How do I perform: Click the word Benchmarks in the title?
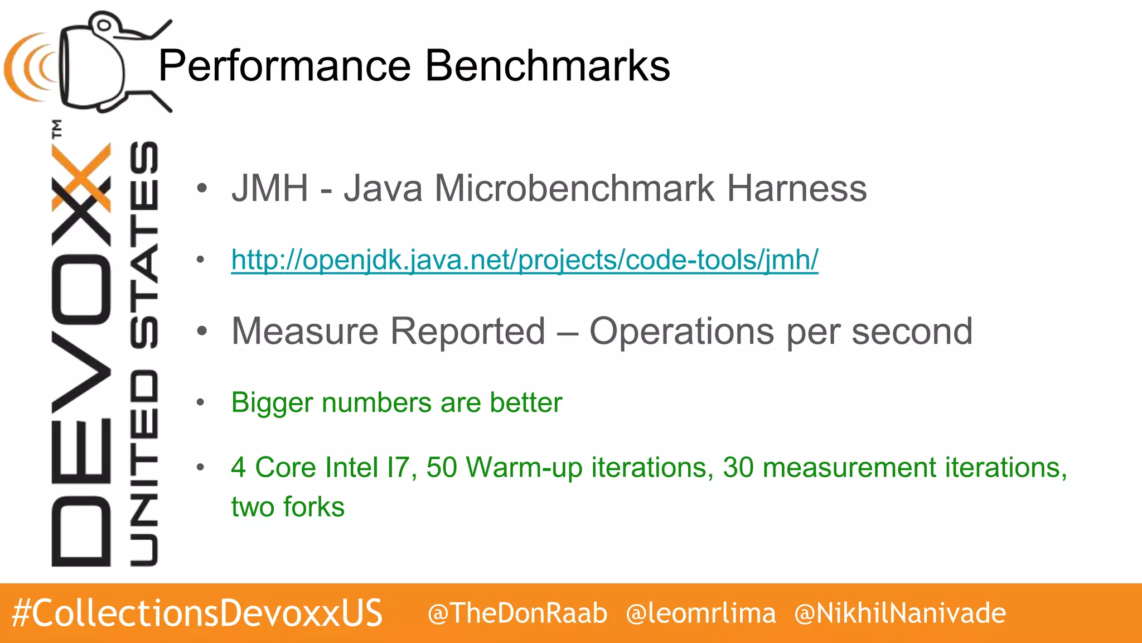548,66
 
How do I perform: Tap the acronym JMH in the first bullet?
270,188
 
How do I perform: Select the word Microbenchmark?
574,188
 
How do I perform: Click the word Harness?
797,188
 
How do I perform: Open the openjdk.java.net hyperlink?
525,260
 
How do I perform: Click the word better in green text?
526,402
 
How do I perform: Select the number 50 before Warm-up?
442,467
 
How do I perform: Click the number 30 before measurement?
738,467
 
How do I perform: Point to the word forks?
314,507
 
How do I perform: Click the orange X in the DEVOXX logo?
81,177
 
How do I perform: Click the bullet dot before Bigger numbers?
201,402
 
